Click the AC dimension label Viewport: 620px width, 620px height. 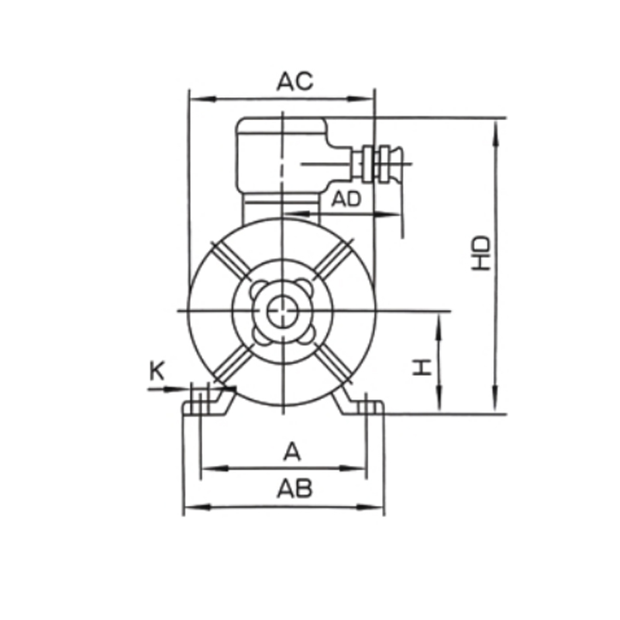coord(295,81)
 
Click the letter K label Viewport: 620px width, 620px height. coord(157,372)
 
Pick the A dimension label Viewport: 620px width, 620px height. coord(291,452)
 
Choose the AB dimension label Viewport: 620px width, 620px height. coord(294,489)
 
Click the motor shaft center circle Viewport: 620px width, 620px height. coord(283,312)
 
